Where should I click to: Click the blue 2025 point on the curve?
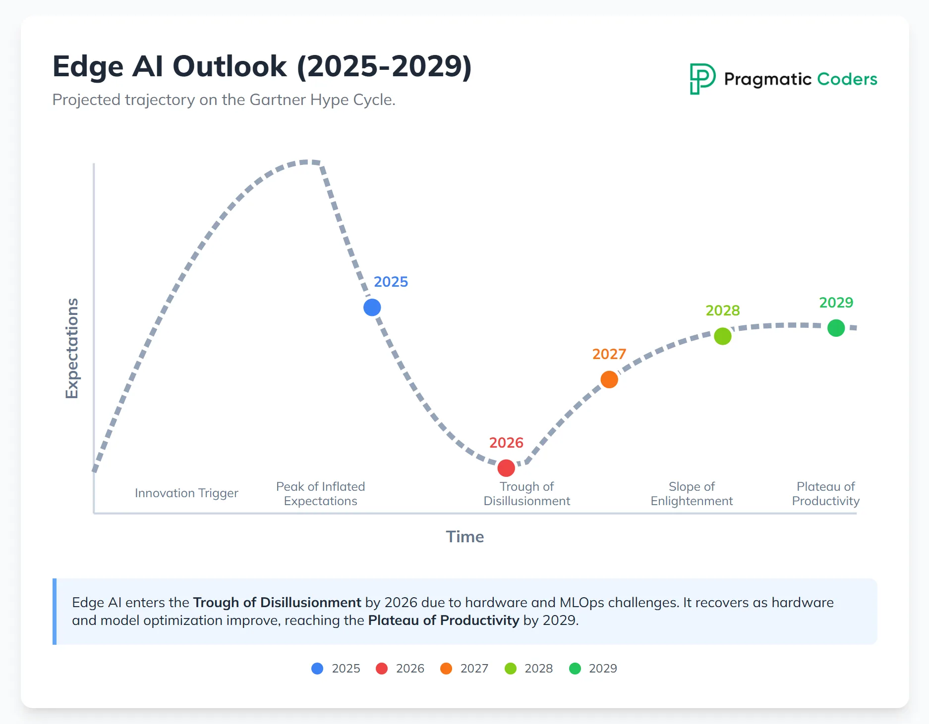372,308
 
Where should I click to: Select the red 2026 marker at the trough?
506,468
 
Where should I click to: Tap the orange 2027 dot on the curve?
609,380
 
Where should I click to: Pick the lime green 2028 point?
723,336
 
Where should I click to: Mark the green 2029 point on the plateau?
836,328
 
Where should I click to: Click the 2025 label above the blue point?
391,282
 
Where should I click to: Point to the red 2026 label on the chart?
506,443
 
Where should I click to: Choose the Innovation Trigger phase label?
186,493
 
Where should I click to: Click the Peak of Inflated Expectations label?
320,494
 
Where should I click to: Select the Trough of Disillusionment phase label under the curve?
526,494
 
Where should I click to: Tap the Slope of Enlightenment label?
692,494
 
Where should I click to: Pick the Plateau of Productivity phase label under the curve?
825,494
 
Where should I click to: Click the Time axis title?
464,537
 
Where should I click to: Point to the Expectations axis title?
72,348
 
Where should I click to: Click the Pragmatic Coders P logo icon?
702,79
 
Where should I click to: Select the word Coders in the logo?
847,79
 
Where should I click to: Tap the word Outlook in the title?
230,66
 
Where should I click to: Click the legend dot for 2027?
446,669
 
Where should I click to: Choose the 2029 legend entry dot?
575,669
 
